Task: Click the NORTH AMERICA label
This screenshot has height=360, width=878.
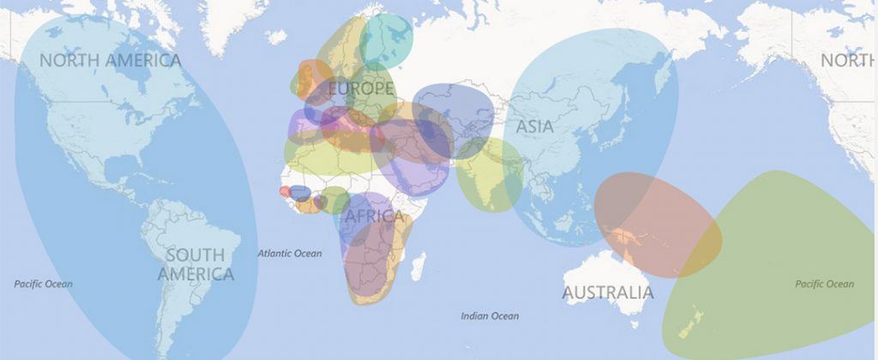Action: click(x=111, y=61)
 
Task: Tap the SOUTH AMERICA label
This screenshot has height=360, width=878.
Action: click(x=195, y=265)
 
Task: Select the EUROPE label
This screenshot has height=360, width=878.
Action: click(x=360, y=88)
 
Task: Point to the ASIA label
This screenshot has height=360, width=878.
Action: click(x=534, y=127)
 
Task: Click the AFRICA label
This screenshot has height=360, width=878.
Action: click(x=373, y=217)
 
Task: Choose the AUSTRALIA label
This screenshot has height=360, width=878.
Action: click(x=607, y=293)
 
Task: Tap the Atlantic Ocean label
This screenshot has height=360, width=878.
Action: click(x=290, y=254)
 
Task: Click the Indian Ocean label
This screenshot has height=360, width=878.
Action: click(x=490, y=316)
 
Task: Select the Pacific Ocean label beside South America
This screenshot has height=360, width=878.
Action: click(x=44, y=284)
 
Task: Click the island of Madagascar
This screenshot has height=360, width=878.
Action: click(x=418, y=265)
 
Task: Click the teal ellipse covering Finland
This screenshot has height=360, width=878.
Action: click(x=387, y=40)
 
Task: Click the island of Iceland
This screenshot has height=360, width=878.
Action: click(x=276, y=37)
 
